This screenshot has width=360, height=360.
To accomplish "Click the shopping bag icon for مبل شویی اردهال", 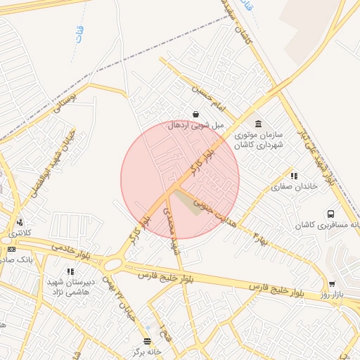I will click(x=195, y=114).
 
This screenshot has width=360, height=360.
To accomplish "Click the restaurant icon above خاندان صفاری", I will click(x=293, y=176).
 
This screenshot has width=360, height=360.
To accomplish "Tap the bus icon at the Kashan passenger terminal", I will click(x=330, y=214).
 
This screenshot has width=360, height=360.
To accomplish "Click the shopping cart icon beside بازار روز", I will click(x=332, y=284).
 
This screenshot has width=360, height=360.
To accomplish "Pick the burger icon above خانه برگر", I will click(x=147, y=342).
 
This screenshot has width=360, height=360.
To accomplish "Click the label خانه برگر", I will click(x=147, y=351).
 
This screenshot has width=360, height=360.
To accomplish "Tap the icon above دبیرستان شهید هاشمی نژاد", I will click(x=70, y=271).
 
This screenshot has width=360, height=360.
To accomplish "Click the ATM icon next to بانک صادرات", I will click(x=11, y=249).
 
